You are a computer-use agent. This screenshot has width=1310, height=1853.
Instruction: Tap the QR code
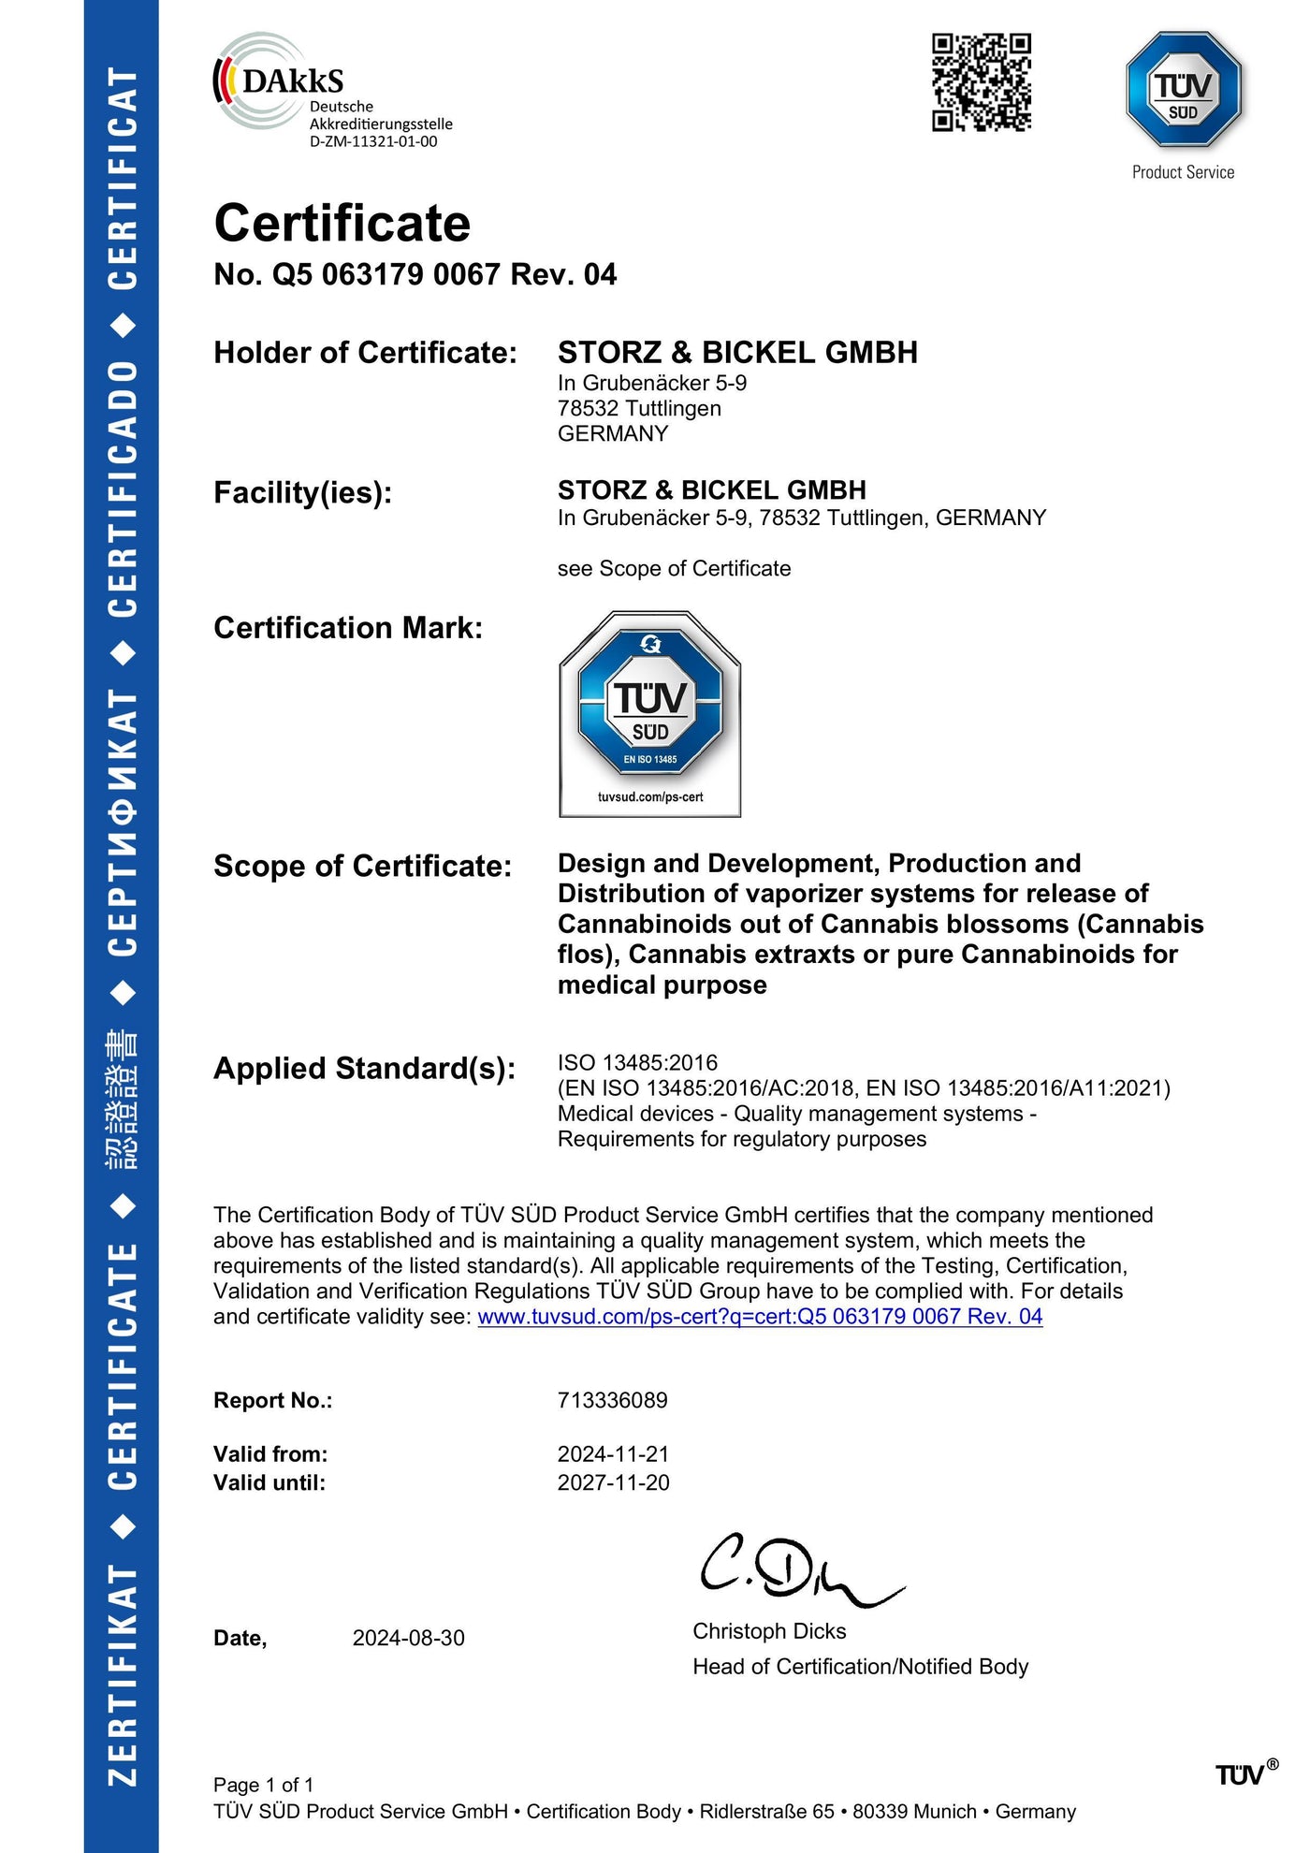pos(981,82)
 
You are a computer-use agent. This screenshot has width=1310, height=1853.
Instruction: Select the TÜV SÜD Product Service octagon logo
pos(1183,90)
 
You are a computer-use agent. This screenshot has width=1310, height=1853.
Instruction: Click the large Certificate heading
pos(342,224)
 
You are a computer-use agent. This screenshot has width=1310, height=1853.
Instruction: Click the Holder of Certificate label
pos(365,353)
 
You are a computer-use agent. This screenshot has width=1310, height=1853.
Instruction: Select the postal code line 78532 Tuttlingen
pos(639,408)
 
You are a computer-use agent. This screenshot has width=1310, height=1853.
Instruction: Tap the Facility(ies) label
pos(302,492)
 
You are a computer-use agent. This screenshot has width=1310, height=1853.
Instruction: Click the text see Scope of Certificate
pos(674,569)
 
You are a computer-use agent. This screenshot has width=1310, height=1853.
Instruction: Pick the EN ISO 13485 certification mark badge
pos(649,713)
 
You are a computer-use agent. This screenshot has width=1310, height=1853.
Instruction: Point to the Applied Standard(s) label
pos(364,1068)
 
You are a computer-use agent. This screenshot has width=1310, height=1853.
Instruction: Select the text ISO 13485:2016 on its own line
pos(637,1062)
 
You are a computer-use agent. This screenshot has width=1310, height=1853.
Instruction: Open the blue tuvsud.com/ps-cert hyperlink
pos(760,1316)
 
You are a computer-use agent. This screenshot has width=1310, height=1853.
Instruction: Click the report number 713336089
pos(612,1400)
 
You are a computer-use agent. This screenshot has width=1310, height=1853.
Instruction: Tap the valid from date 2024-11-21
pos(613,1453)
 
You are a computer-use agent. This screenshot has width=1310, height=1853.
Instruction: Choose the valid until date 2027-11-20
pos(613,1482)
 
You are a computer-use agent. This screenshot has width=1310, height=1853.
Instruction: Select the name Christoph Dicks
pos(769,1631)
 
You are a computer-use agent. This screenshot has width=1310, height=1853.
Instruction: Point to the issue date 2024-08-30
pos(408,1638)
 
